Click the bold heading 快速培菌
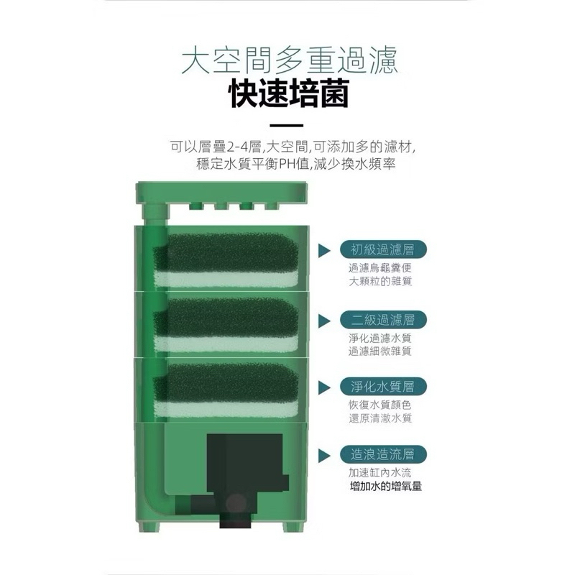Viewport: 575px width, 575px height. pyautogui.click(x=289, y=93)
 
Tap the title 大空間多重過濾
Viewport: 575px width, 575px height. pyautogui.click(x=290, y=61)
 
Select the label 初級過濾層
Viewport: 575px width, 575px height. pyautogui.click(x=383, y=249)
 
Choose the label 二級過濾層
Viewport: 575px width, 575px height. pyautogui.click(x=383, y=320)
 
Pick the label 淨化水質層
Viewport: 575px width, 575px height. pyautogui.click(x=383, y=387)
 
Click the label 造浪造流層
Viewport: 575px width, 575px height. pyautogui.click(x=383, y=454)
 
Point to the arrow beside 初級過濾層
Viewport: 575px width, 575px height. pyautogui.click(x=325, y=250)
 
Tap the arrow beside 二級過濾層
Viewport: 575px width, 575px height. pyautogui.click(x=325, y=321)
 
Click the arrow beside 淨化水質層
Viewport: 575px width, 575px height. pyautogui.click(x=325, y=387)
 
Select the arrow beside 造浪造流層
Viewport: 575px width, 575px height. pyautogui.click(x=325, y=455)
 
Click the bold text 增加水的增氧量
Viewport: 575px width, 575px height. pyautogui.click(x=386, y=487)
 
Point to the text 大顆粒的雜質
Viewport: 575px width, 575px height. pyautogui.click(x=380, y=281)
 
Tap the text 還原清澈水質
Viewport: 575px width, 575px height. pyautogui.click(x=380, y=418)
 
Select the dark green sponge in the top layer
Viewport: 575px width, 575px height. pyautogui.click(x=226, y=254)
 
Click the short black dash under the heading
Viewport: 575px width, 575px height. pyautogui.click(x=286, y=125)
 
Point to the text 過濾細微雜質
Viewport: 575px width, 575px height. pyautogui.click(x=380, y=351)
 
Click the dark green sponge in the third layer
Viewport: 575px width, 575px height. pyautogui.click(x=226, y=384)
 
